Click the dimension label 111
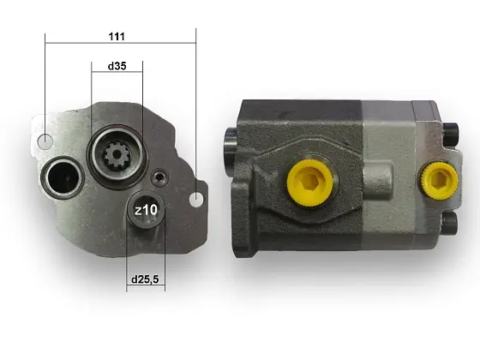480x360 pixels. coord(117,36)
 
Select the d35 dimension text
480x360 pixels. coord(117,66)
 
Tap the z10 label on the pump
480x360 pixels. coord(145,209)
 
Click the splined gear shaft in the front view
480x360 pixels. coord(117,157)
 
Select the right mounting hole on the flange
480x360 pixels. coord(197,199)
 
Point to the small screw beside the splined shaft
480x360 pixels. coord(158,177)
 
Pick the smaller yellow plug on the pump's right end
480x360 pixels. coord(437,178)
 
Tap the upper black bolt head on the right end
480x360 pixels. coord(450,131)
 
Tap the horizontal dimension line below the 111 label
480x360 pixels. coord(120,43)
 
